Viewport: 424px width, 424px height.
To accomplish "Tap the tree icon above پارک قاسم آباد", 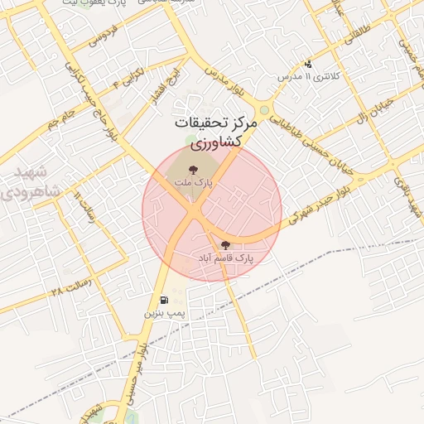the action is pyautogui.click(x=224, y=244).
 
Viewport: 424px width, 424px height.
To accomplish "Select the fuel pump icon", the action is pyautogui.click(x=163, y=300).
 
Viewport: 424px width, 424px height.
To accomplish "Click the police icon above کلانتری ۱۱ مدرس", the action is pyautogui.click(x=308, y=64).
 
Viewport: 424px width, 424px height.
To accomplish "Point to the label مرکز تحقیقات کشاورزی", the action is pyautogui.click(x=216, y=132).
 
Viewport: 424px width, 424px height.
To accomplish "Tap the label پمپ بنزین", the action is pyautogui.click(x=164, y=315).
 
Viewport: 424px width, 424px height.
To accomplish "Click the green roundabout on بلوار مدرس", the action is pyautogui.click(x=263, y=108).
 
